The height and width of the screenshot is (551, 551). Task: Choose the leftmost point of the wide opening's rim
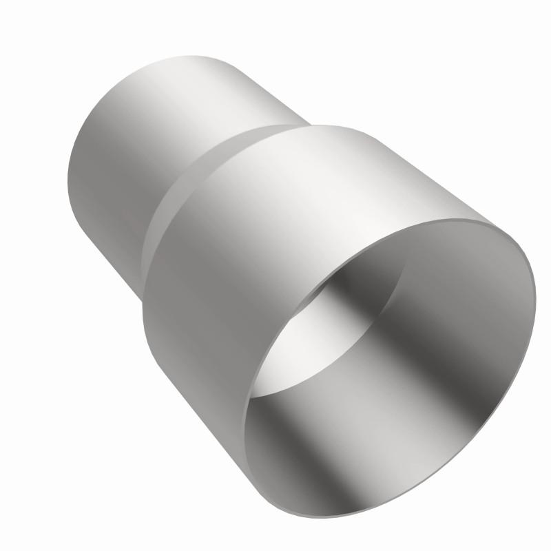pyautogui.click(x=245, y=413)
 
